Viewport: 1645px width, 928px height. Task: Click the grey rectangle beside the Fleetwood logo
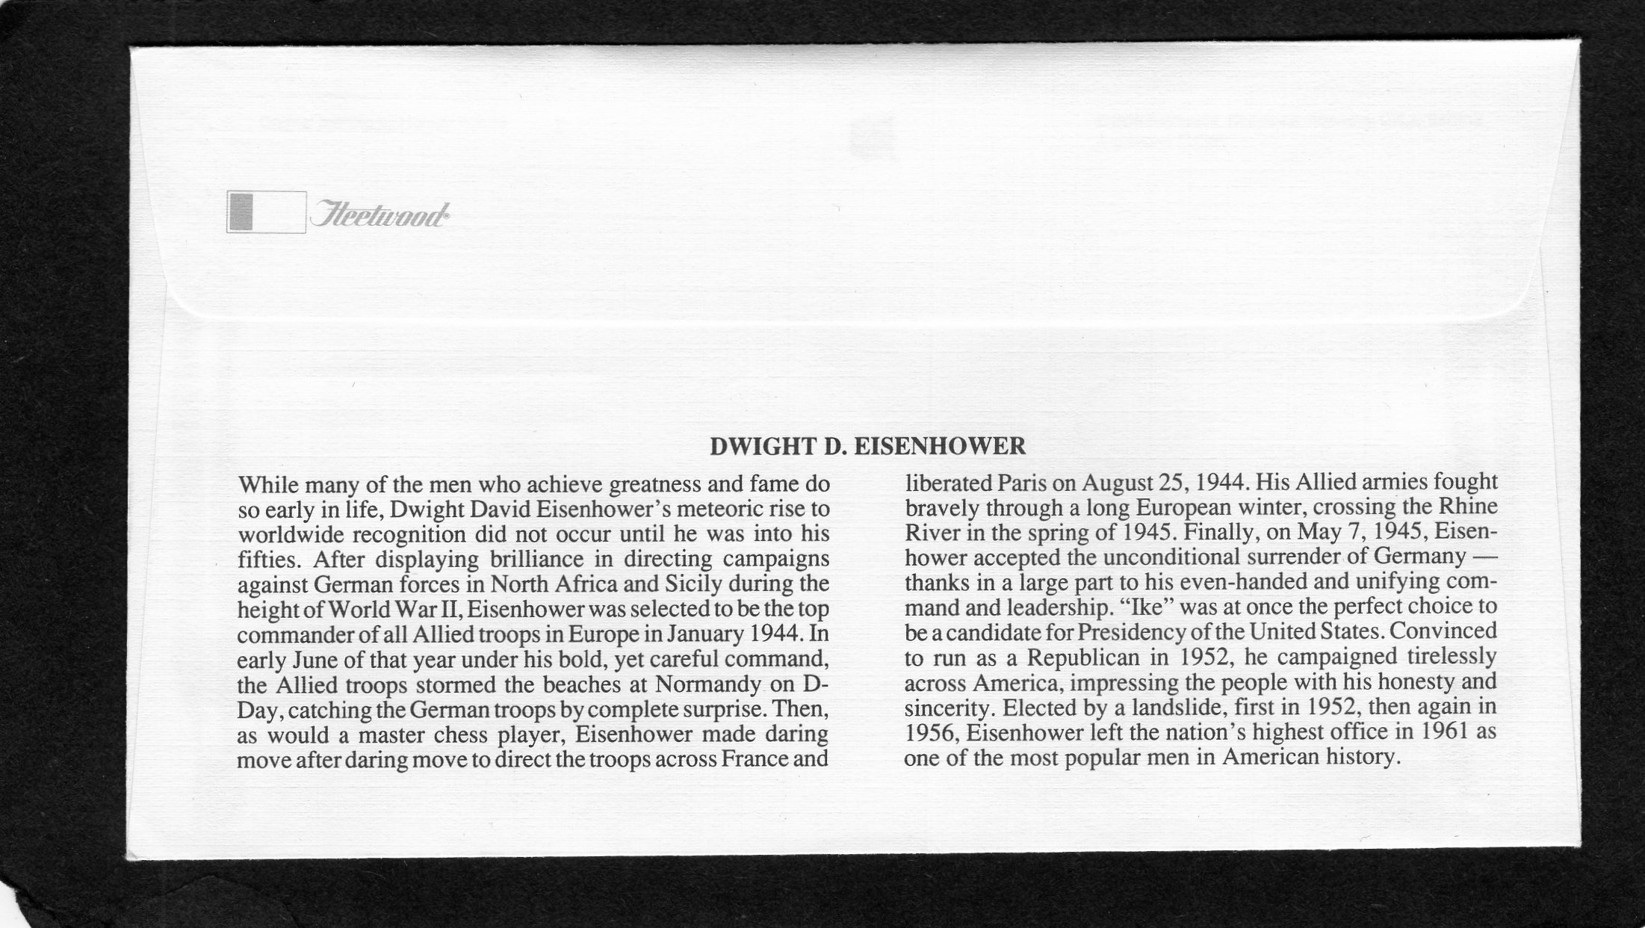(241, 211)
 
